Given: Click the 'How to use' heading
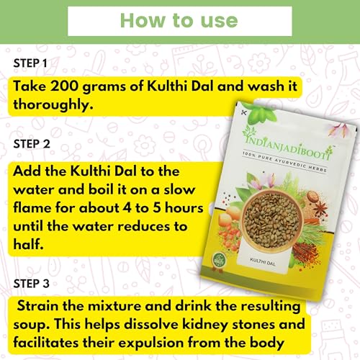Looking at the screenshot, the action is [179, 21].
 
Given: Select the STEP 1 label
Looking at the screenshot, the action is [30, 63].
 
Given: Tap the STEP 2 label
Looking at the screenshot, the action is [32, 144].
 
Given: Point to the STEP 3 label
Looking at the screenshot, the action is [32, 284].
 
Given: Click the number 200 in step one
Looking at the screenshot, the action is [64, 86].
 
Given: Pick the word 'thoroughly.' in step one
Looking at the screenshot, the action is [53, 104].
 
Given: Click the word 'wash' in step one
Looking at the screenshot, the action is [266, 86].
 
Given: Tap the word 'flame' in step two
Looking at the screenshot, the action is [32, 207].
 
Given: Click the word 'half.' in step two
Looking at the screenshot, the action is [28, 244].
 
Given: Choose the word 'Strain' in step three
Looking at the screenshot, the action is [38, 306].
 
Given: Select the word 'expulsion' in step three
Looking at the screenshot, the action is [151, 343].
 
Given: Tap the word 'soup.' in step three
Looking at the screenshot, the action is [32, 325].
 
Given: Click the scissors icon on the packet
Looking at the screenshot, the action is [243, 112].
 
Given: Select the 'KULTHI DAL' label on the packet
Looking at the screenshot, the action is [263, 262].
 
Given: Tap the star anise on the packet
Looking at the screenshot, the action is [320, 208].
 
